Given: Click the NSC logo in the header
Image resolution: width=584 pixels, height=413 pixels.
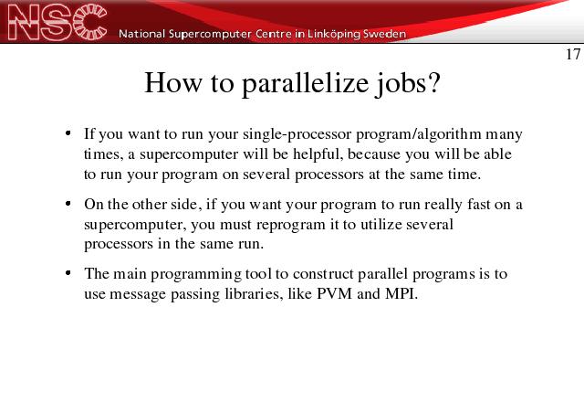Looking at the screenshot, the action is pos(57,22).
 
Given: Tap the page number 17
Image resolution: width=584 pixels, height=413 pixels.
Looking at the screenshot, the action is pos(573,55).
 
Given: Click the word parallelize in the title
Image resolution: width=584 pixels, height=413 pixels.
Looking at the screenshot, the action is pos(305,84).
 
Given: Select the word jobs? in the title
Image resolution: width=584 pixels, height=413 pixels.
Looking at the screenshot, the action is pos(408,84).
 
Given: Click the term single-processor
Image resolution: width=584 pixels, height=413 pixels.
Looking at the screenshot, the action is pos(297,134).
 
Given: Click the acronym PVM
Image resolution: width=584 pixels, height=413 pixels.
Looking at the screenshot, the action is pos(334,294).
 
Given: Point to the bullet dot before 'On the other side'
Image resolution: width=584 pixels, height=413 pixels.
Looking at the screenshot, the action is pos(68,204).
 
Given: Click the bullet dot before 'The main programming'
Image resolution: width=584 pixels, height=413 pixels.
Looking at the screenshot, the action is pos(68,273).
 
